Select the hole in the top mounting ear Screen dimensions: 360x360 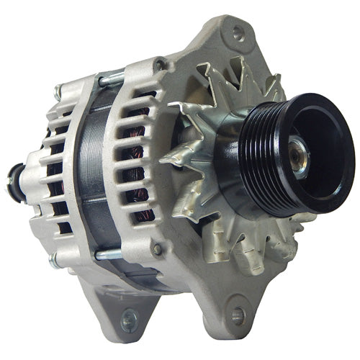click(238, 32)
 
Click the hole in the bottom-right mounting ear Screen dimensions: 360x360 click(238, 314)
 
